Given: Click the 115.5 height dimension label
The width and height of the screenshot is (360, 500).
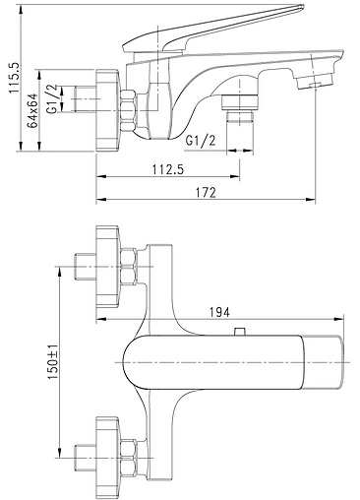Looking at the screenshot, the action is coord(15,78).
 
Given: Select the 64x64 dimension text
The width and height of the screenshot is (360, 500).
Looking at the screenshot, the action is coord(32,110).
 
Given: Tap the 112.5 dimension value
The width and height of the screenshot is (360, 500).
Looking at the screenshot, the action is coord(168,169).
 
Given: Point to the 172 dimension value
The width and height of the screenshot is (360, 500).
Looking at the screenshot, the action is coord(206,192).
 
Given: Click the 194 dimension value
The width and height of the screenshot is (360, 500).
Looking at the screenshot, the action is coord(219,312).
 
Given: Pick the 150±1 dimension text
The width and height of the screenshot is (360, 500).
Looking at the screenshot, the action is coord(53,362).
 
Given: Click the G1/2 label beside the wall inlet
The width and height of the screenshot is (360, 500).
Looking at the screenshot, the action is coord(53,98).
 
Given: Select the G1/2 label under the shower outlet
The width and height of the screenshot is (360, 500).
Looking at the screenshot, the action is coord(201,141).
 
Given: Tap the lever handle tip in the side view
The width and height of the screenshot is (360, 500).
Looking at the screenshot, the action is coord(300,7).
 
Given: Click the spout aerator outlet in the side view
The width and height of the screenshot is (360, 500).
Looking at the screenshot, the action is coord(315,82).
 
